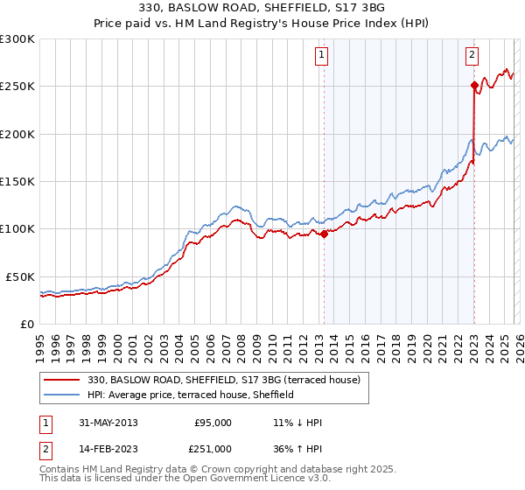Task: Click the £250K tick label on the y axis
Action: coord(17,87)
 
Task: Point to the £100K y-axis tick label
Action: coord(17,228)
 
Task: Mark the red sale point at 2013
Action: coord(324,234)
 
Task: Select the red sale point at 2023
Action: coord(473,85)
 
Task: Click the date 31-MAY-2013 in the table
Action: coord(107,423)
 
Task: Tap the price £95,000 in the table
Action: coord(213,423)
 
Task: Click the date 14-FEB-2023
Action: coord(107,449)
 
